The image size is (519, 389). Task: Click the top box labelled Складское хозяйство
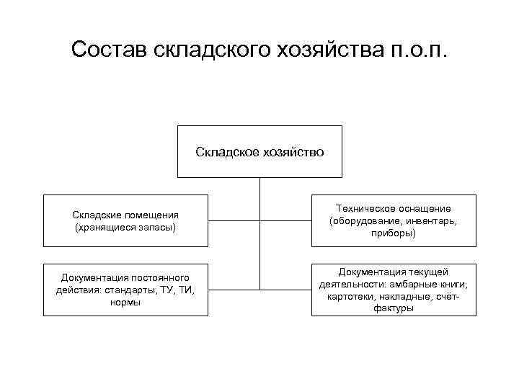259,152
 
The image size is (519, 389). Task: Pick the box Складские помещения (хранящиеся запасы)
125,220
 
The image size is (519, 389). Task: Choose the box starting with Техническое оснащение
394,220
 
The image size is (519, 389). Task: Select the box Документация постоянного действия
125,290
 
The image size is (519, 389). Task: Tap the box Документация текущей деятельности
394,290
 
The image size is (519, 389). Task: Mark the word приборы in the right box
394,233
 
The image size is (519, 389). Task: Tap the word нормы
125,302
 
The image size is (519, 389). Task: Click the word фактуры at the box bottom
394,308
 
